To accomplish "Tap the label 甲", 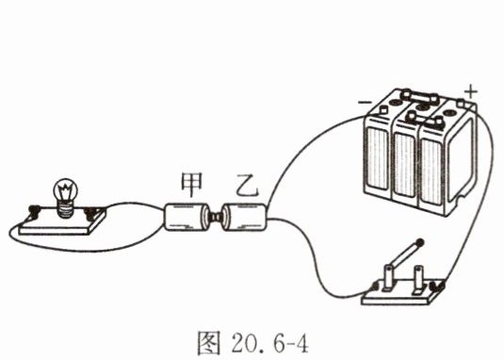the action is [192, 185].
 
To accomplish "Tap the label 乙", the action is [247, 186].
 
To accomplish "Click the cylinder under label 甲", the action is [186, 217].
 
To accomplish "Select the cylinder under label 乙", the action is [245, 217].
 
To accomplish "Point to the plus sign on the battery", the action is [471, 91].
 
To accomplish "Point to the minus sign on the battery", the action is [365, 103].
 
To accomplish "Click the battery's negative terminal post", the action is [383, 109].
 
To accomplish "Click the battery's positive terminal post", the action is [462, 104].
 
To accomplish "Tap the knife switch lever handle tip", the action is [419, 243].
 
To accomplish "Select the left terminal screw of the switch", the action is [375, 286].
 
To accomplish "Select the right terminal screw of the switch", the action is [438, 285].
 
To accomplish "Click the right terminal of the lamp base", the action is [90, 212].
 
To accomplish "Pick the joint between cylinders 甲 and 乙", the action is [216, 217].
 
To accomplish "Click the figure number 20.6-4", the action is [269, 343].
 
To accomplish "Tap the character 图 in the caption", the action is [209, 343].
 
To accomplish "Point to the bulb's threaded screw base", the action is [66, 209].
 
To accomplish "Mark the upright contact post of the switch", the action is [418, 278].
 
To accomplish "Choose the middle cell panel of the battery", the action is [404, 164].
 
